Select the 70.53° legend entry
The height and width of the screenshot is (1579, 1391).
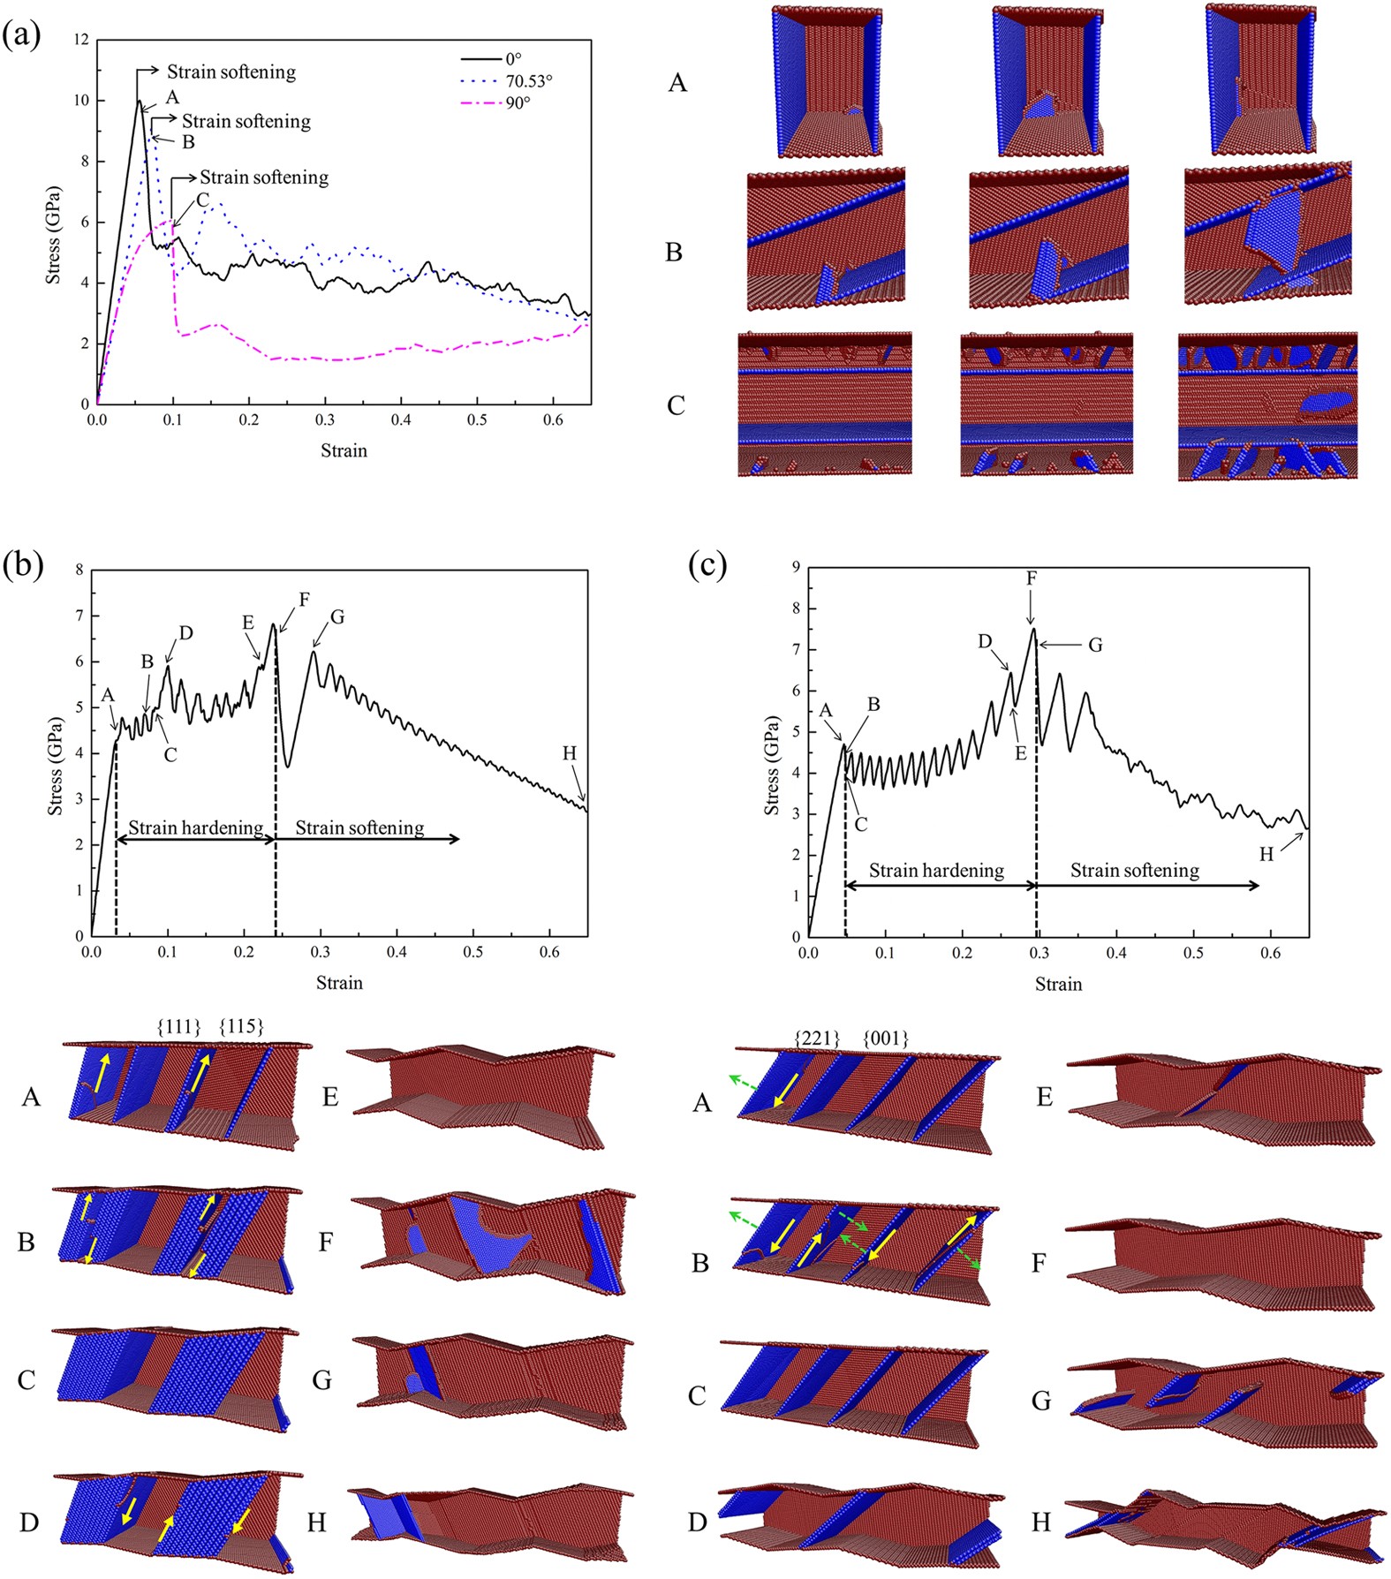coord(528,81)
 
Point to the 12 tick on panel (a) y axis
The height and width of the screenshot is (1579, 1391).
coord(82,40)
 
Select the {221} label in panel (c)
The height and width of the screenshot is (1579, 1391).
coord(817,1038)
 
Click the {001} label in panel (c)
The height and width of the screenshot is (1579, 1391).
coord(885,1038)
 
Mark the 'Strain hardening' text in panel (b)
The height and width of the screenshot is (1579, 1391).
coord(196,827)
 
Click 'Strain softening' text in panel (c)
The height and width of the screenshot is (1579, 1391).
coord(1135,871)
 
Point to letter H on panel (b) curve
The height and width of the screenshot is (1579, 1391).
coord(570,753)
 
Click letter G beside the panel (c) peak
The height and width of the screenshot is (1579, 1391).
coord(1095,646)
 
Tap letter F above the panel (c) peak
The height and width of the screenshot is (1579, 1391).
coord(1032,578)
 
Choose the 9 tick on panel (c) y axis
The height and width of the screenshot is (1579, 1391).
coord(796,568)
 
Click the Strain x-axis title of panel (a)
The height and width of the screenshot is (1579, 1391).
coord(344,450)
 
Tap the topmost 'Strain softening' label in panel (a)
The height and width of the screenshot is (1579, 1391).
coord(231,72)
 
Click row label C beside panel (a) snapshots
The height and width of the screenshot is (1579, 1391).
coord(676,405)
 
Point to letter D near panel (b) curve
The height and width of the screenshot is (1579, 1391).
coord(185,633)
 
